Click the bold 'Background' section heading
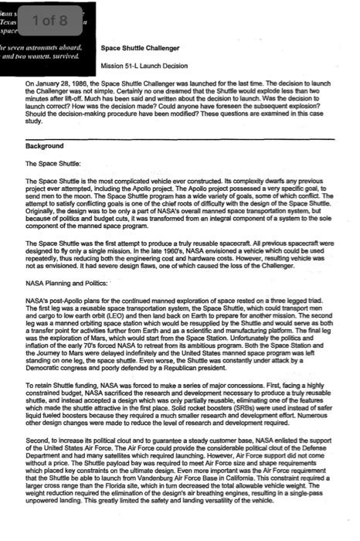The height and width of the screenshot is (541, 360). pos(44,146)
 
